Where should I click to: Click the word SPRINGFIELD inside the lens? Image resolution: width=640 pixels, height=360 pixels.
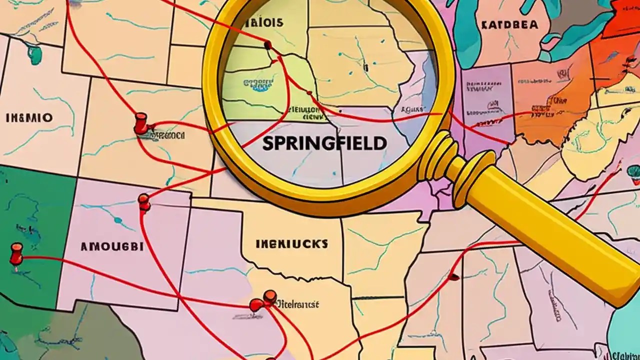pos(324,143)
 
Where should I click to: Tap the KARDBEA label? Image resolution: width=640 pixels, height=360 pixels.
pos(509,24)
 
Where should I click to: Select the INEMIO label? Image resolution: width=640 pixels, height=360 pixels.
pos(28,118)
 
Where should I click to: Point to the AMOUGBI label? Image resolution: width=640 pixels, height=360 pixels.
pos(111,246)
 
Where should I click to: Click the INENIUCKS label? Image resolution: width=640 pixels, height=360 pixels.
pos(291,244)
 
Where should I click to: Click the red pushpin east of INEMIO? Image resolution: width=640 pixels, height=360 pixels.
pos(140,123)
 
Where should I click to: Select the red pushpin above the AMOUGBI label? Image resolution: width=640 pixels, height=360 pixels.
pos(144,201)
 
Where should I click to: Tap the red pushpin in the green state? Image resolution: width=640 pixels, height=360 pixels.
pos(16,253)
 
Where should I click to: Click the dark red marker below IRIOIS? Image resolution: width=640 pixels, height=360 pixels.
pos(268,45)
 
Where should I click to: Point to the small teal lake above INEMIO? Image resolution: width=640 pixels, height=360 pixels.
pos(34,54)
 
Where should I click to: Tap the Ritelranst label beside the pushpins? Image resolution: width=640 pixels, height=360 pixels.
pos(298,304)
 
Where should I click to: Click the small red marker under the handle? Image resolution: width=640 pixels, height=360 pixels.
pos(454,276)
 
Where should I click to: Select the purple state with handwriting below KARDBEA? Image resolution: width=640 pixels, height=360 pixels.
pos(485,95)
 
